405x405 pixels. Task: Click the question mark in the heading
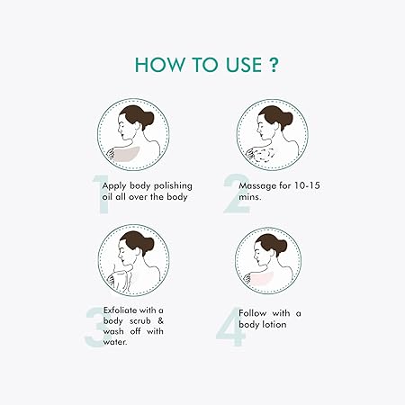[273, 65]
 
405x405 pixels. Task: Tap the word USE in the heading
[244, 65]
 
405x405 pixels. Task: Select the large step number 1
[101, 194]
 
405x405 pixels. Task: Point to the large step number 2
[236, 193]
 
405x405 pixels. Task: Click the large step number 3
[96, 327]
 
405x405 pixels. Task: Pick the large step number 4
[230, 327]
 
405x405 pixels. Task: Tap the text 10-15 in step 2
[307, 185]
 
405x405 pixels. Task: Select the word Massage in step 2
[257, 186]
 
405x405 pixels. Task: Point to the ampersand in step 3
[160, 320]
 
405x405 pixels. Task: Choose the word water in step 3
[115, 342]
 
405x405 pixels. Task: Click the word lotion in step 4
[274, 324]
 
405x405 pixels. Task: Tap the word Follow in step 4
[252, 313]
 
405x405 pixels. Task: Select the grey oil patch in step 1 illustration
[126, 154]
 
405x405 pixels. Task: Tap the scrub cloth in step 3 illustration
[121, 281]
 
